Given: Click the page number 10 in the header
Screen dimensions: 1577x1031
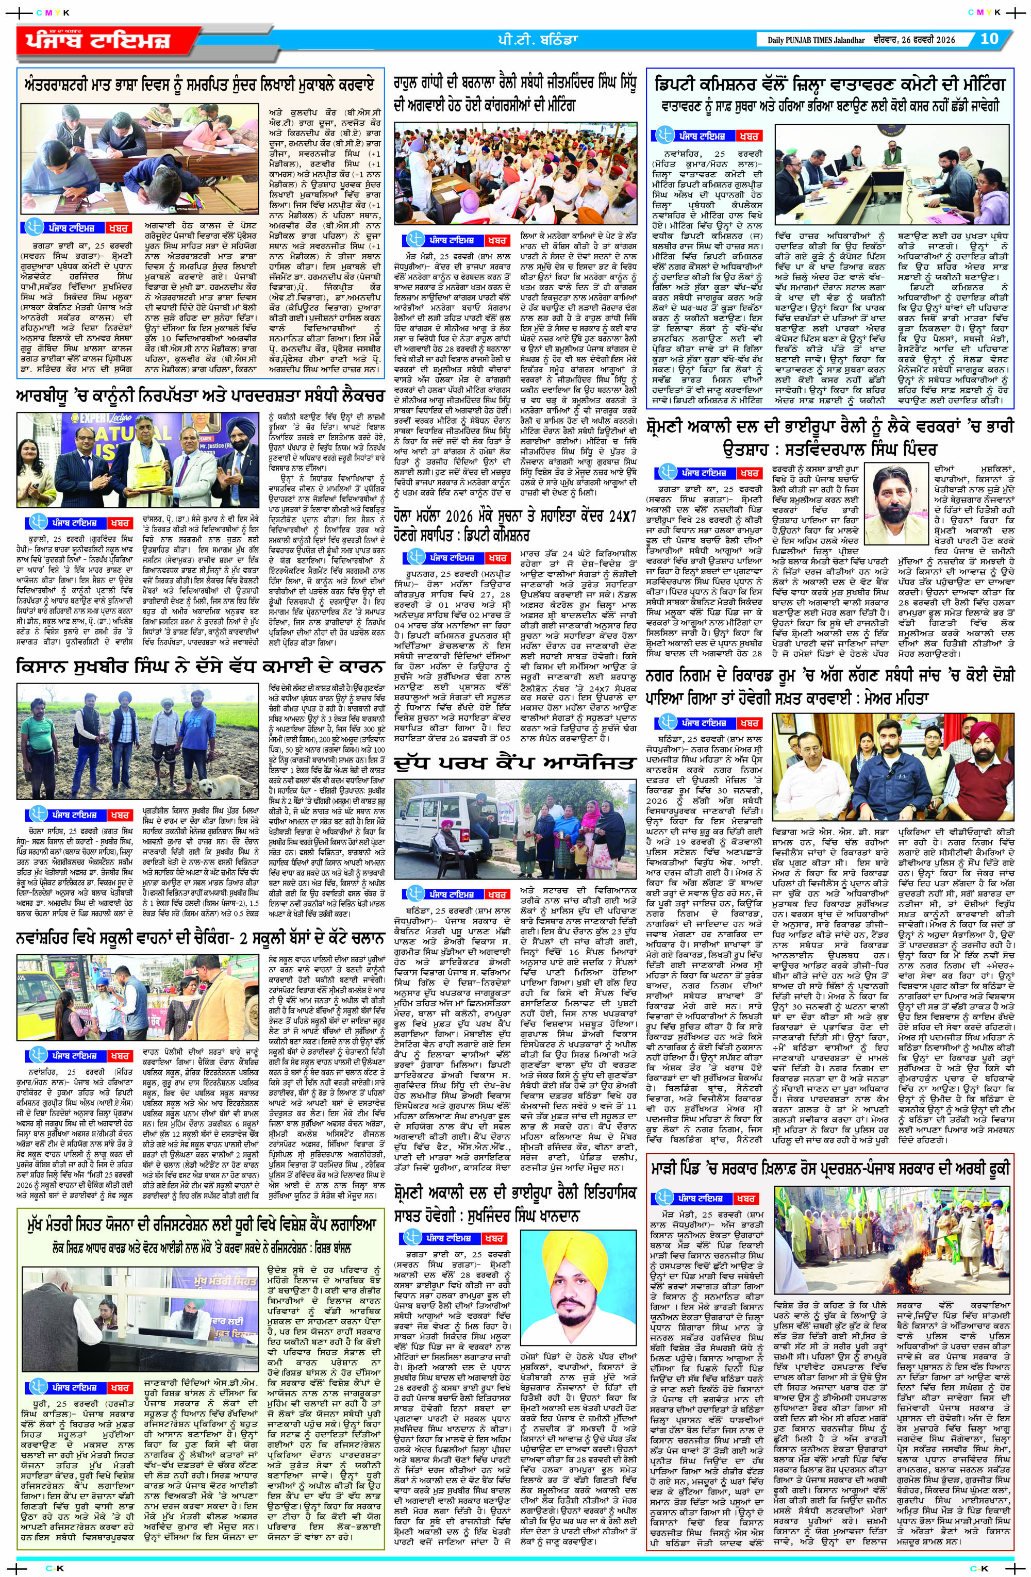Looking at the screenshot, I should [x=989, y=39].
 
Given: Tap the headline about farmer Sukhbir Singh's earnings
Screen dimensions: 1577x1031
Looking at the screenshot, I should [x=199, y=666].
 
